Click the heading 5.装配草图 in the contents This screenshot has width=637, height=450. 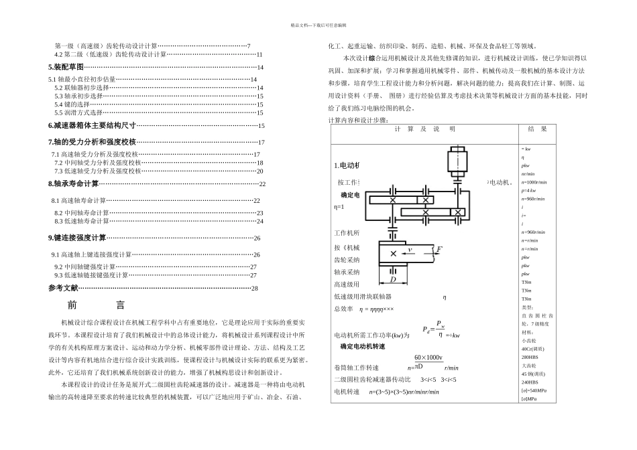coord(66,68)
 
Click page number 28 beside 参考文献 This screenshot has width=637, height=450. coord(254,289)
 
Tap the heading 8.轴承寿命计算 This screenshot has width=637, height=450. coord(74,183)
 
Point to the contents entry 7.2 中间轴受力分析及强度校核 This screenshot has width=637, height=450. coord(98,163)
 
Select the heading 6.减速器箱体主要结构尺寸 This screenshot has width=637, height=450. coord(92,125)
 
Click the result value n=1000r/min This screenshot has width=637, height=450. coord(534,182)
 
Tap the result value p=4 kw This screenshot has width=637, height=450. coord(528,191)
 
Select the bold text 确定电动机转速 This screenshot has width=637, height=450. coord(363,346)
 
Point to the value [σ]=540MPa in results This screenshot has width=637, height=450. coord(534,390)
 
